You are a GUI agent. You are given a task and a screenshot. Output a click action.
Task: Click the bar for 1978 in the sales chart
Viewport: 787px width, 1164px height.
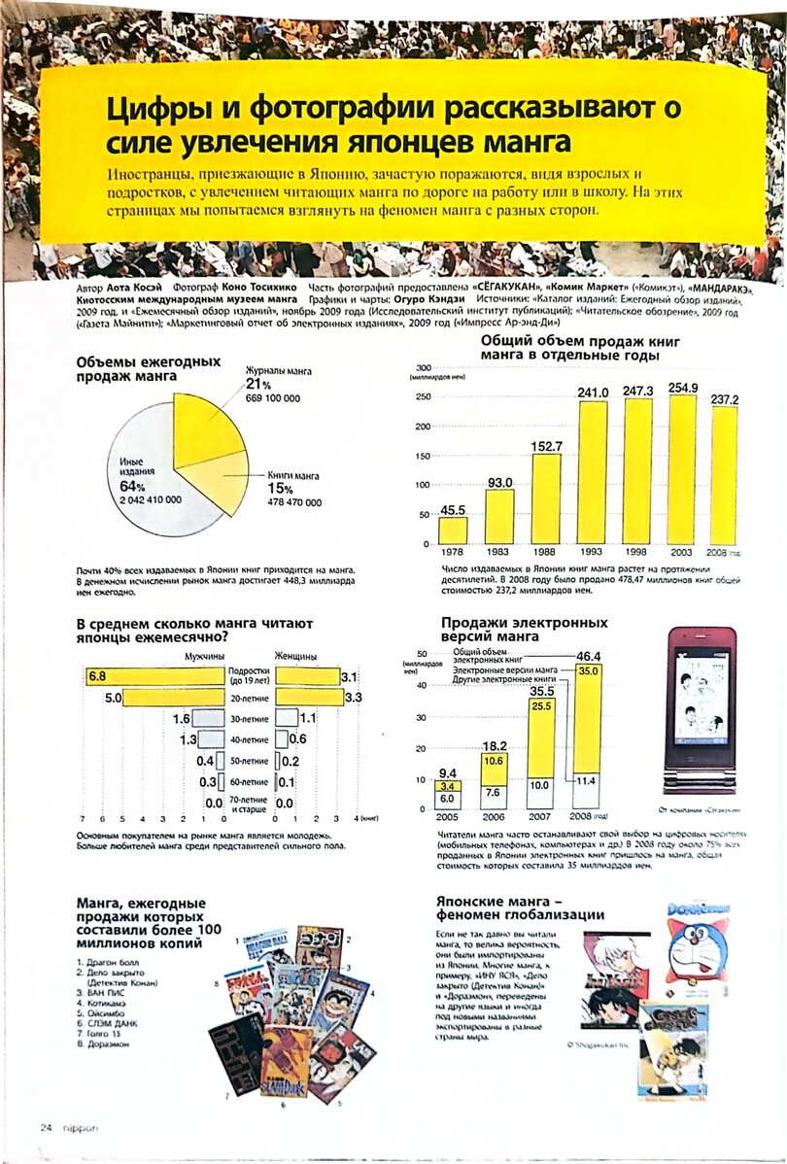point(452,530)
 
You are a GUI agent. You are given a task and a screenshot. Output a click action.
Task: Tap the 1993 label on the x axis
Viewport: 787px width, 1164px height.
point(593,552)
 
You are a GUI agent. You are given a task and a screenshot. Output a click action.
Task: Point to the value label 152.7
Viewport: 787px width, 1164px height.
point(546,446)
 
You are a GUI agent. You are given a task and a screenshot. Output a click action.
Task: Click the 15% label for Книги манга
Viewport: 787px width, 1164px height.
point(281,489)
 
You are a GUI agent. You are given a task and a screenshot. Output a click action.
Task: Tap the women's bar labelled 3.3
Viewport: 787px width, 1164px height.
point(309,698)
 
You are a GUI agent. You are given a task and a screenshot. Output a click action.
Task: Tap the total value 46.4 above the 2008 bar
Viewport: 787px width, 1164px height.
point(589,656)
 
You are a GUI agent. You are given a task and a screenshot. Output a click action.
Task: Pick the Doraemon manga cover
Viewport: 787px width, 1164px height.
point(697,942)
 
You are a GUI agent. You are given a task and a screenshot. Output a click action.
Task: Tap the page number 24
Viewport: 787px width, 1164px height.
point(45,1128)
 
